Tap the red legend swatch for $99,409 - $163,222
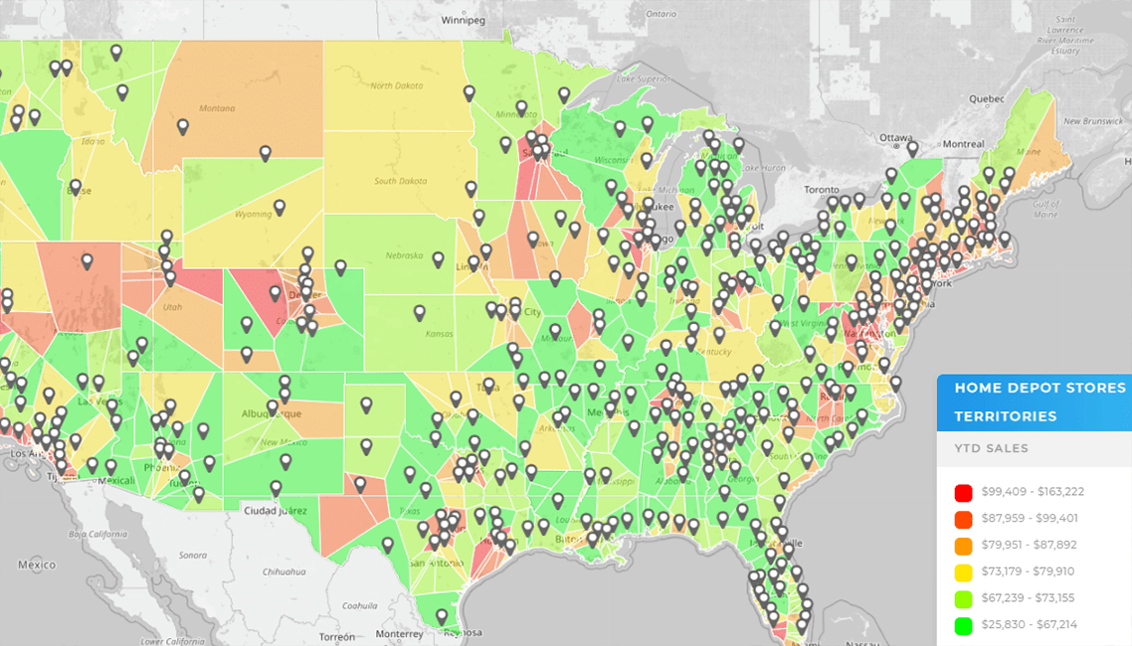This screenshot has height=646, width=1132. [x=962, y=492]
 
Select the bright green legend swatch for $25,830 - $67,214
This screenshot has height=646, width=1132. [x=962, y=624]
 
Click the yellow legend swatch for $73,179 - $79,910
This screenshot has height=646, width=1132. [x=962, y=571]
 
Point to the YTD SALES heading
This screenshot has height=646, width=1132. [x=992, y=448]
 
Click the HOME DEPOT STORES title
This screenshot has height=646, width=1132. [x=1039, y=388]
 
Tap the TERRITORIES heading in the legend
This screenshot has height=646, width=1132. [x=1005, y=415]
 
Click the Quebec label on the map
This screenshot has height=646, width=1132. [x=989, y=98]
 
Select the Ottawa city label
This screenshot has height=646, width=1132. [x=896, y=137]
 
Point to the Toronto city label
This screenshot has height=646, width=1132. [x=823, y=189]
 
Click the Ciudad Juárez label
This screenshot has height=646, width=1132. [x=276, y=511]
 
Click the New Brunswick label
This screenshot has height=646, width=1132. [x=1092, y=121]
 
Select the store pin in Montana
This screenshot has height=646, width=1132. [x=183, y=127]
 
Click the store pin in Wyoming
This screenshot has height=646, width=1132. [x=280, y=208]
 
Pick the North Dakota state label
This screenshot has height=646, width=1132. [x=396, y=85]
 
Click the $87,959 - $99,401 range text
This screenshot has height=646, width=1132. [x=1029, y=519]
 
